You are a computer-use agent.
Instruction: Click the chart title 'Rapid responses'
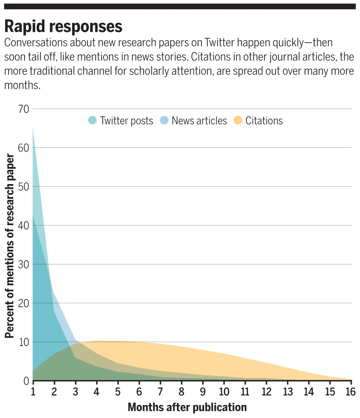(63, 27)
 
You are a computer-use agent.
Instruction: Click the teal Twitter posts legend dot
(92, 121)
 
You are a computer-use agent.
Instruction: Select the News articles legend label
(199, 121)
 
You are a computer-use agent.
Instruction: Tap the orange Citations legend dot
(238, 121)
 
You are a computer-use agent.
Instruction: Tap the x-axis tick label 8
(182, 391)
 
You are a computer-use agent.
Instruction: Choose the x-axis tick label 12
(266, 391)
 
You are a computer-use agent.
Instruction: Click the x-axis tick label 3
(76, 391)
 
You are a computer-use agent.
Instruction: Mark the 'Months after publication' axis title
(187, 407)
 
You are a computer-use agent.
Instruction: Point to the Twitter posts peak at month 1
(33, 126)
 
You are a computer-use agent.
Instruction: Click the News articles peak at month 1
(33, 214)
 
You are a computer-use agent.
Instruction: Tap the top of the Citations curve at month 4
(97, 341)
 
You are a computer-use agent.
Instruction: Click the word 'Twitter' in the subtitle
(219, 43)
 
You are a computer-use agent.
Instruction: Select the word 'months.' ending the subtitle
(22, 85)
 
